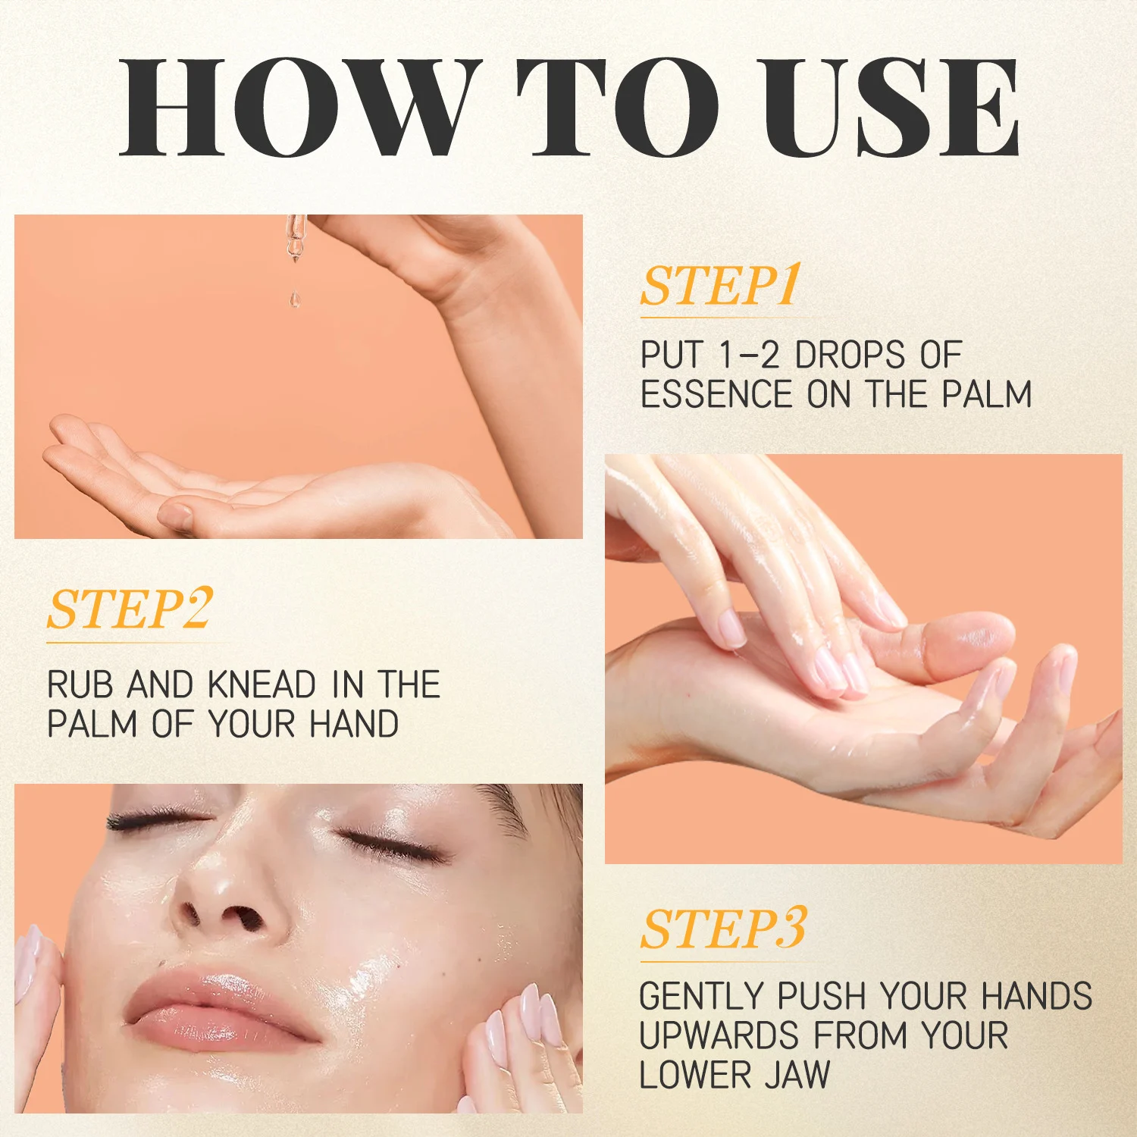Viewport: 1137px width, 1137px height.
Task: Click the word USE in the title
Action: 891,108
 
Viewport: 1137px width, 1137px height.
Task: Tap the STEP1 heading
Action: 721,287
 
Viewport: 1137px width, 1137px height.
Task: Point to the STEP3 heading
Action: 723,929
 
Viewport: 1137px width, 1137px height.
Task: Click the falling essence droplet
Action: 295,299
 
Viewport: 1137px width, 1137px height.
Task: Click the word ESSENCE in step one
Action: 716,394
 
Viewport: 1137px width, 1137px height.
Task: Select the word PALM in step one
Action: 987,394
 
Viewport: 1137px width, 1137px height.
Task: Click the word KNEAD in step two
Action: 262,684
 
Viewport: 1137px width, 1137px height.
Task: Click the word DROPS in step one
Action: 850,355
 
